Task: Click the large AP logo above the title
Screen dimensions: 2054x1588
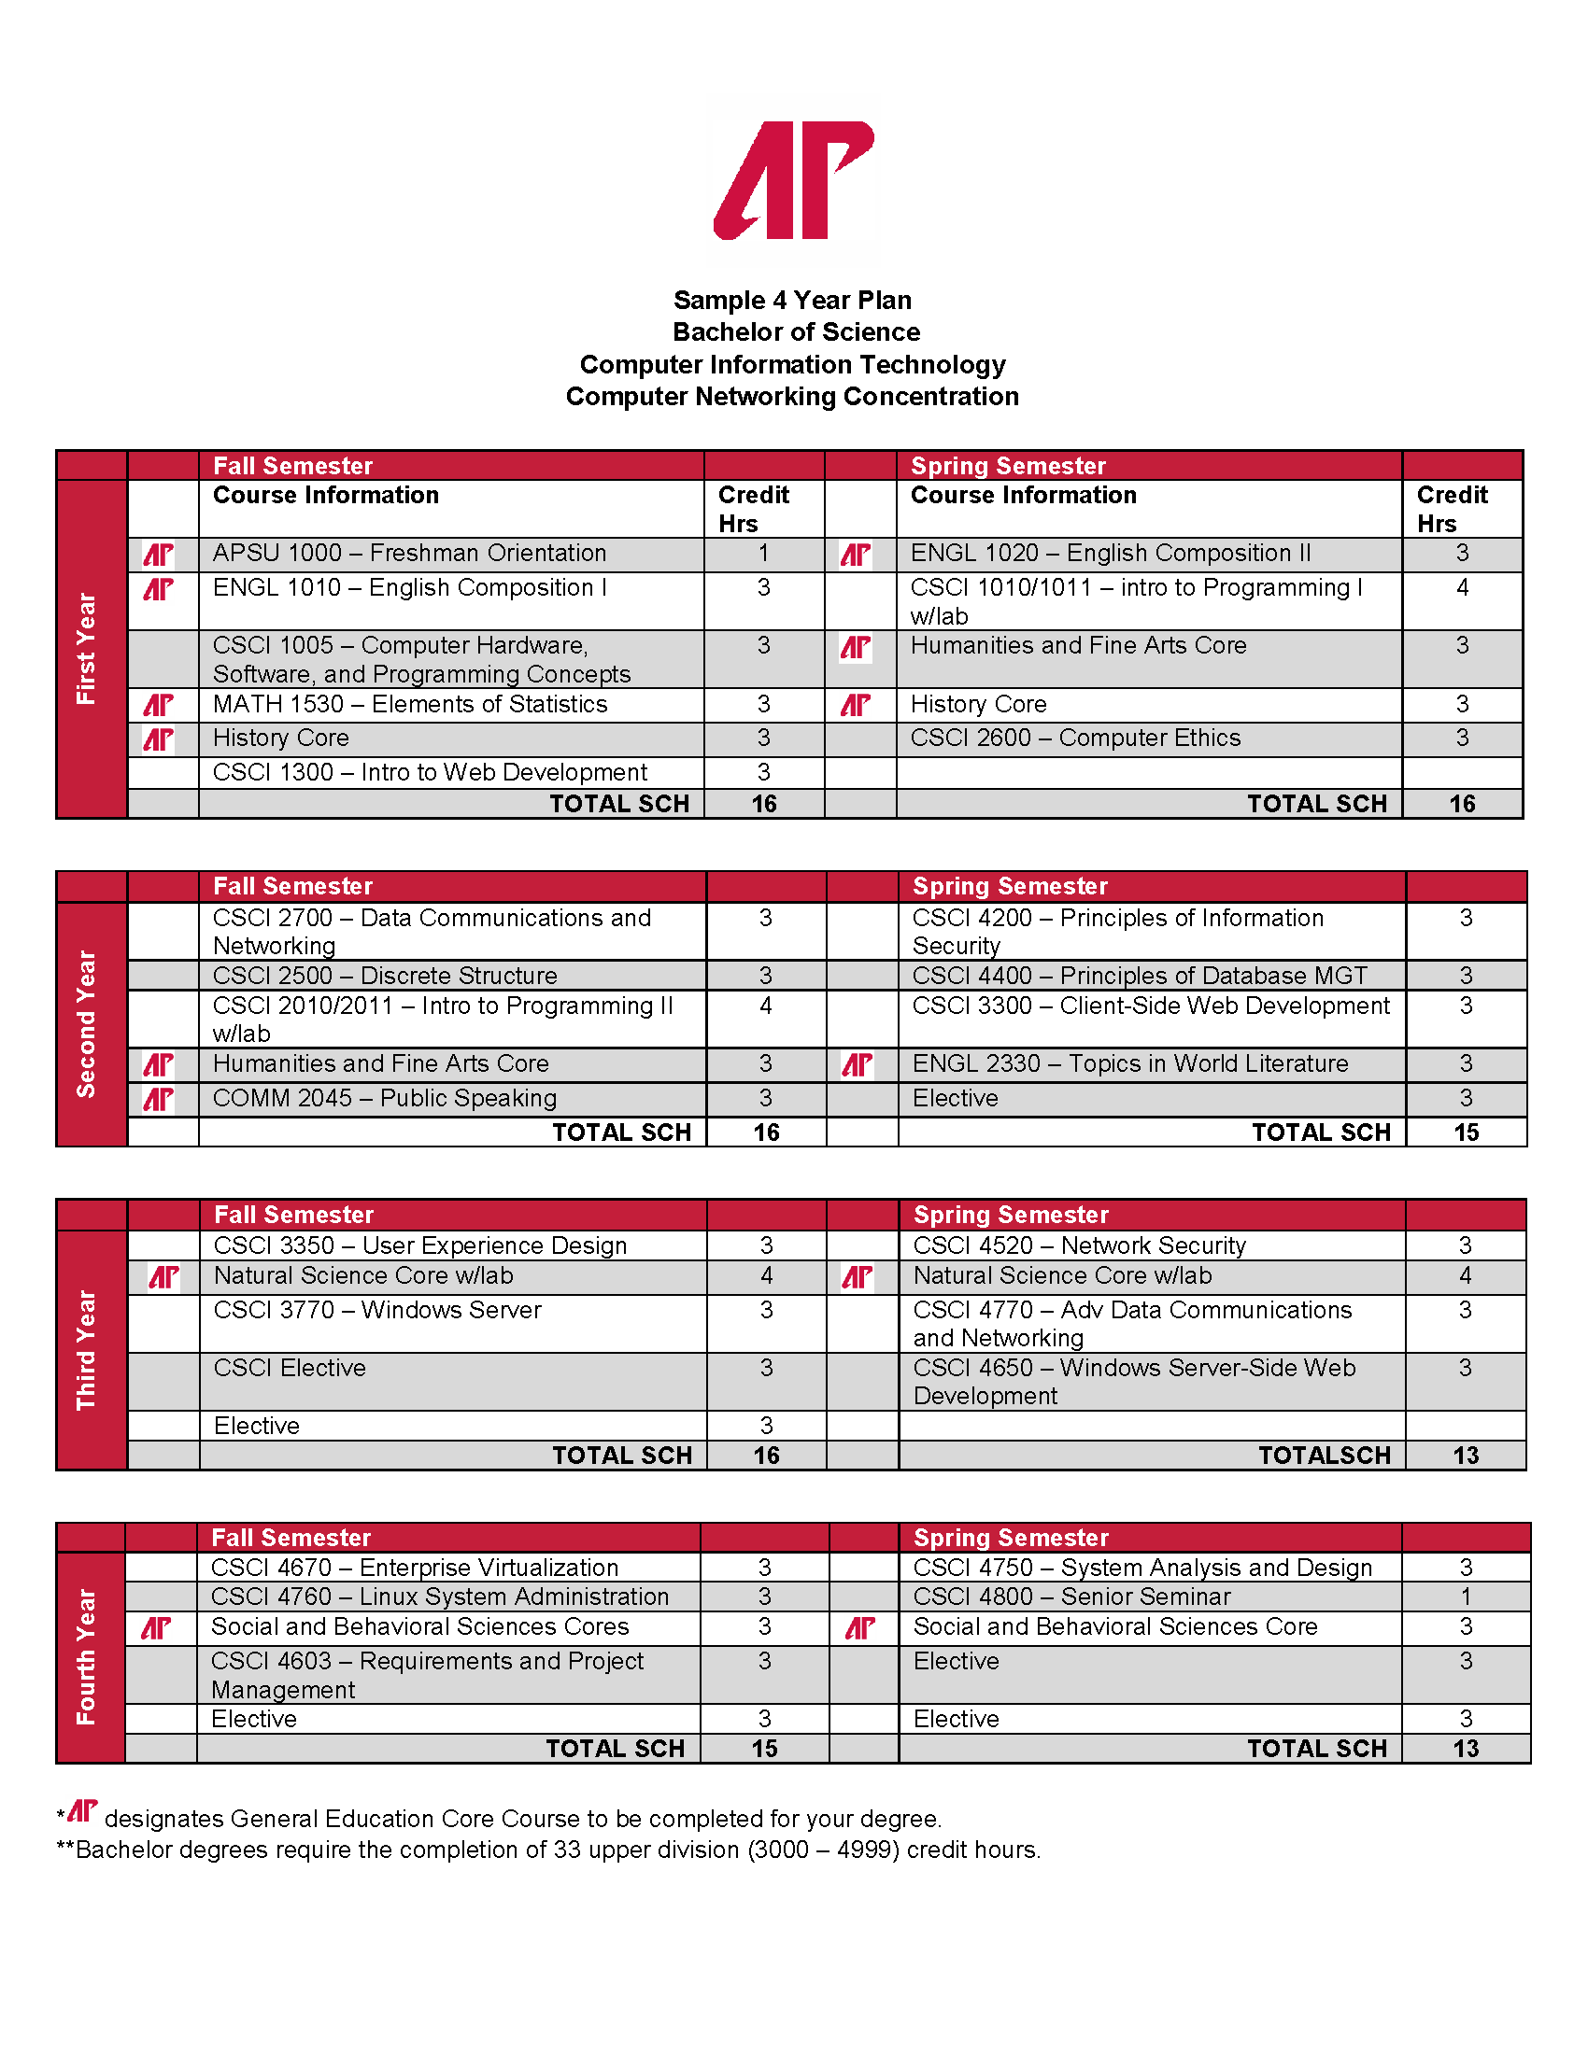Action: point(793,179)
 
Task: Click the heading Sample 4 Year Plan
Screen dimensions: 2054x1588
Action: point(792,300)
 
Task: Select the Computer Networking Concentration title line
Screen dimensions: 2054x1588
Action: point(792,397)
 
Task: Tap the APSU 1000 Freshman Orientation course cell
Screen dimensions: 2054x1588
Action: point(409,553)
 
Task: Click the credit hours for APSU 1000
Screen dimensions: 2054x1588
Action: point(764,553)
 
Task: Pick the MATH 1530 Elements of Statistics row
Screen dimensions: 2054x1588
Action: point(410,704)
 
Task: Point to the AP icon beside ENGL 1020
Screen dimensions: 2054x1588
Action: point(855,555)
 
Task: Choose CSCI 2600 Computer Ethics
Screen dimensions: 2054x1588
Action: point(1075,739)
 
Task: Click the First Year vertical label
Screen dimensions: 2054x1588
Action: point(87,648)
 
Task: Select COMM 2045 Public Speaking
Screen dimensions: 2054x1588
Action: point(385,1099)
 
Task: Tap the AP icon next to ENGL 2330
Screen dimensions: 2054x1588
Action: point(857,1064)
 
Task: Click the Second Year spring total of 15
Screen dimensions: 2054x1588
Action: point(1466,1133)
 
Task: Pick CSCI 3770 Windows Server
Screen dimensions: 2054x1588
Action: point(377,1310)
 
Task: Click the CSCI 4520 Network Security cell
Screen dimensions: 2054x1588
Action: point(1079,1245)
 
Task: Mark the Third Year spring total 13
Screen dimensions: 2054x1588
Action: point(1466,1456)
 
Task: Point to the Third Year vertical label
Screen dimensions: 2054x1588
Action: point(87,1350)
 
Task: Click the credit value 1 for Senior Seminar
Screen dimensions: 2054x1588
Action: point(1466,1597)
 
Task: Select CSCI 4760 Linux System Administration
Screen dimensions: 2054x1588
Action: point(439,1597)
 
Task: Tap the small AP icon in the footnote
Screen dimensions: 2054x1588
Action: point(83,1810)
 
